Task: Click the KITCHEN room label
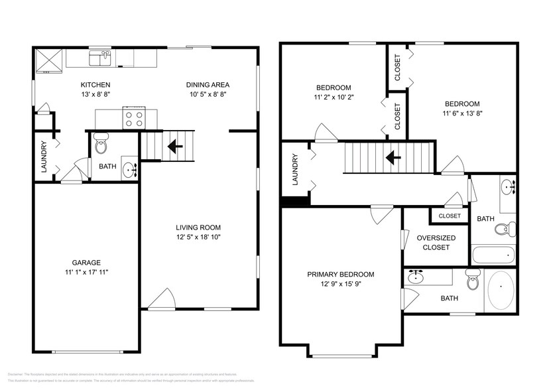[x=95, y=85]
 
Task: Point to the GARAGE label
[x=86, y=262]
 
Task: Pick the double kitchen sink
[x=101, y=60]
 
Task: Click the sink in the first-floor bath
[x=130, y=170]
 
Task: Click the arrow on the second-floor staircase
[x=393, y=158]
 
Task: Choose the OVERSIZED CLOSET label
[x=436, y=243]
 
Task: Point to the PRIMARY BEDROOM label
[x=340, y=275]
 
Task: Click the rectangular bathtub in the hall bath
[x=493, y=254]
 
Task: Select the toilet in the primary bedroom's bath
[x=472, y=281]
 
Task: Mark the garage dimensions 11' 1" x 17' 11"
[x=86, y=271]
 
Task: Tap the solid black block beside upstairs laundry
[x=294, y=200]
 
